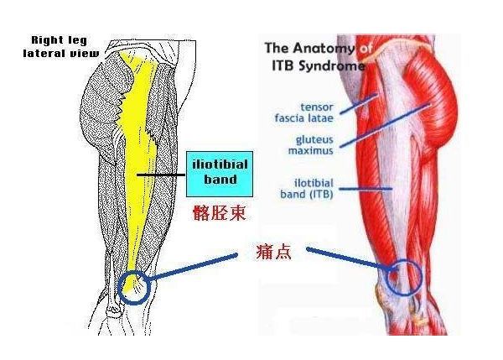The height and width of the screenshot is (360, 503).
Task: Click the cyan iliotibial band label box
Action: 220,174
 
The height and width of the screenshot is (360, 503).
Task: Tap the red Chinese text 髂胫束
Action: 220,212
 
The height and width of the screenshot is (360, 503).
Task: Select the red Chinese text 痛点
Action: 274,252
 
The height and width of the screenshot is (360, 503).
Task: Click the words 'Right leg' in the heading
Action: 60,40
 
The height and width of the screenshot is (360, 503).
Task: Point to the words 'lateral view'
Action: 61,54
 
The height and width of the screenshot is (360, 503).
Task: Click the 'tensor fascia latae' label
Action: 304,112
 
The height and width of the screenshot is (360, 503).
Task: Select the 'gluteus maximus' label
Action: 310,145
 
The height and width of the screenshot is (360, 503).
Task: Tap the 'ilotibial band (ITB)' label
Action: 307,189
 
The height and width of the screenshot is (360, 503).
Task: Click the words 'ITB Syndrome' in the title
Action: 319,66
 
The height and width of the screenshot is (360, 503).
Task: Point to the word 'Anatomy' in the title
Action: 324,49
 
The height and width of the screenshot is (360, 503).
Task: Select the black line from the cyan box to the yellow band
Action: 161,175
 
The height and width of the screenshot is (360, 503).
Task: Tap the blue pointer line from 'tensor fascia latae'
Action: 359,103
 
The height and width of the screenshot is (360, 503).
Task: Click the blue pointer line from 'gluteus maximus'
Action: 384,126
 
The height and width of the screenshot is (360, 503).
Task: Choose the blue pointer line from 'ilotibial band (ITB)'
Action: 366,189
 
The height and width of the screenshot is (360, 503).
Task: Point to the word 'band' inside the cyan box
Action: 220,180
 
